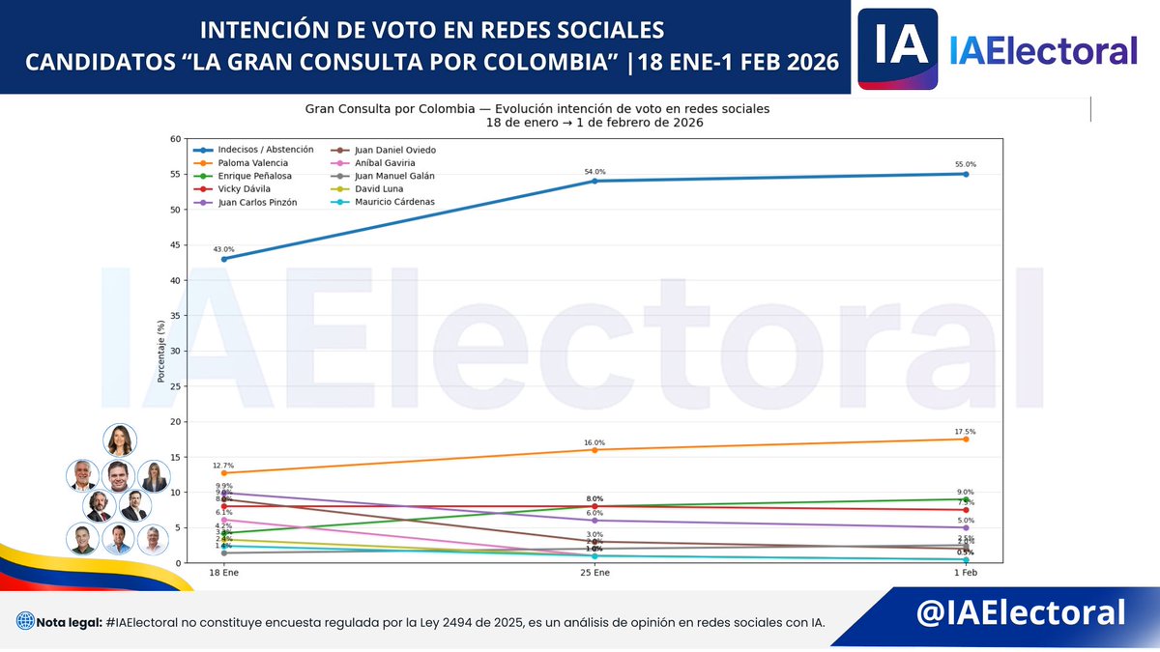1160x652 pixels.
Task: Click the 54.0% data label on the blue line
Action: (x=594, y=171)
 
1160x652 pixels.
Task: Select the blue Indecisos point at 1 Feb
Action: (x=966, y=174)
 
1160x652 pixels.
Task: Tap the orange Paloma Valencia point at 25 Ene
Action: (x=594, y=450)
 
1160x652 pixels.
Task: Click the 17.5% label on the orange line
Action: (x=965, y=432)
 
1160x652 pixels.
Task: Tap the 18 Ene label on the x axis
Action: (x=224, y=574)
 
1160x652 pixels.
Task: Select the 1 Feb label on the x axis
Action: (x=966, y=574)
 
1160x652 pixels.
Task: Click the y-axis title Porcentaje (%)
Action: (x=162, y=351)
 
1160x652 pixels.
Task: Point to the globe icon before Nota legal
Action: (x=24, y=621)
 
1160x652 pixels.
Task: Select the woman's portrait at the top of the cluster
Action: (x=120, y=440)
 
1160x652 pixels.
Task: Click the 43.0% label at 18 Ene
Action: (x=224, y=249)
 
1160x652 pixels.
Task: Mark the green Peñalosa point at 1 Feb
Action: (x=966, y=499)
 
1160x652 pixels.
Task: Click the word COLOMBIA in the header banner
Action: (x=558, y=63)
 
